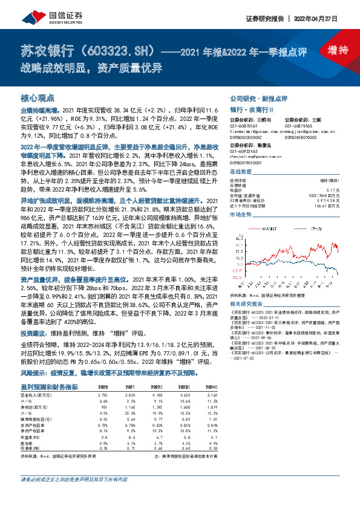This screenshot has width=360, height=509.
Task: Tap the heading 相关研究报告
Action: coord(249,304)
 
